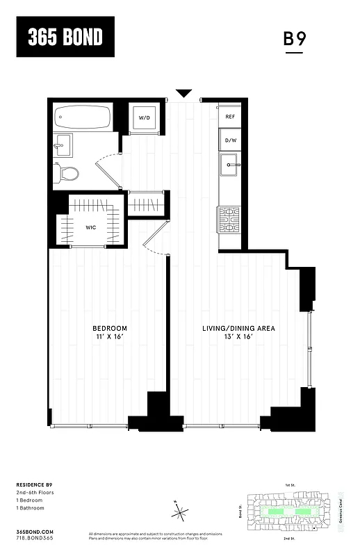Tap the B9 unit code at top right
pos(295,39)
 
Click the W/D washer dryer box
pos(144,117)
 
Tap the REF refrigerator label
pos(229,117)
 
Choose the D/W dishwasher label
pos(229,140)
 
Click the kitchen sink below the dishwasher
pos(229,166)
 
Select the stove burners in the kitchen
pos(229,219)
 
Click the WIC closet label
pos(91,227)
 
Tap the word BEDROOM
pos(110,328)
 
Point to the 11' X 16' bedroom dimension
pos(110,337)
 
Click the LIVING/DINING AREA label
pos(239,328)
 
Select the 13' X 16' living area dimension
pos(239,337)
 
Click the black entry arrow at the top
pos(184,93)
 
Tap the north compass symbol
pos(181,513)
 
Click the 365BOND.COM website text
pos(33,530)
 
